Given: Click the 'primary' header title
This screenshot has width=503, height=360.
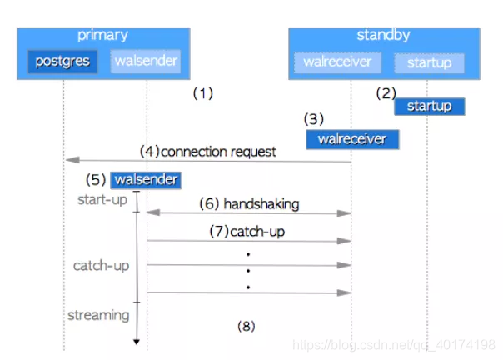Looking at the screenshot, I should (102, 35).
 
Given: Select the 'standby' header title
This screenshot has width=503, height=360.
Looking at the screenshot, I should (383, 35).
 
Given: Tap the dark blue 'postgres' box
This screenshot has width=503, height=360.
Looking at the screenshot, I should (62, 62).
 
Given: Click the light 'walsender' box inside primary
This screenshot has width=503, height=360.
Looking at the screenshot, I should (145, 62).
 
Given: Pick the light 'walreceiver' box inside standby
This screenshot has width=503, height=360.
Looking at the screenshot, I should (337, 62).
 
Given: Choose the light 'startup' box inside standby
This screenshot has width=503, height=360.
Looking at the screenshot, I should (430, 62).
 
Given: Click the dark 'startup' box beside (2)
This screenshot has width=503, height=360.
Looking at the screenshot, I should (429, 107).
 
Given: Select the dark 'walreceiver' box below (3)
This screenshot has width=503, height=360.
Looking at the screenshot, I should (351, 139).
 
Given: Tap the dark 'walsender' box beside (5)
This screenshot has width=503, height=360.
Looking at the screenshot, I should (147, 180).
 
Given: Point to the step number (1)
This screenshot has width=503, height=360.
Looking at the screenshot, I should (203, 94).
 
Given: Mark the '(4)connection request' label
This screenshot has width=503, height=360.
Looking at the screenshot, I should (208, 152).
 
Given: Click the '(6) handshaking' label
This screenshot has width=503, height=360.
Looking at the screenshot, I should (249, 203).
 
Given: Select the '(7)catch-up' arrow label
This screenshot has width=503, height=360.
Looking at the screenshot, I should (247, 231).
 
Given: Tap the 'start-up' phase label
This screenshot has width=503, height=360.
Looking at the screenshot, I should (102, 200).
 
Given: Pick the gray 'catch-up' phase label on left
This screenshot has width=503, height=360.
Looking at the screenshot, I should (101, 265).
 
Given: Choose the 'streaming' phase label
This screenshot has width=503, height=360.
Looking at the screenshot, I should (98, 315).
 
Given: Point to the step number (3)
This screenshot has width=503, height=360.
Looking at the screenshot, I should (313, 119).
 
